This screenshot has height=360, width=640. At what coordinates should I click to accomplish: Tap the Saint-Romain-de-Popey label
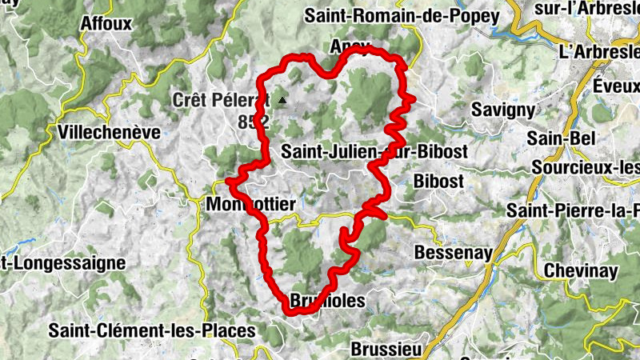402,15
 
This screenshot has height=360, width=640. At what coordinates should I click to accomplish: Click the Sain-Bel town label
562,138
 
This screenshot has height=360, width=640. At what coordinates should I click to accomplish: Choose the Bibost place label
438,181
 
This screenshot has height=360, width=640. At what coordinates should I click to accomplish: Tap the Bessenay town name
448,252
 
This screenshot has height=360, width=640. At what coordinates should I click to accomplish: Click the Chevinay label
581,270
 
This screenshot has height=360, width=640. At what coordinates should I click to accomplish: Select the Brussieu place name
386,350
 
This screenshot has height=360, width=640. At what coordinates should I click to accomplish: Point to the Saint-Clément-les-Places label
152,330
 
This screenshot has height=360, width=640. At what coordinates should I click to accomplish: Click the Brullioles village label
326,301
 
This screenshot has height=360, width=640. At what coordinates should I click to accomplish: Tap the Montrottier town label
251,205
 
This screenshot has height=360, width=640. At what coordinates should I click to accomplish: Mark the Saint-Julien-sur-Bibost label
375,150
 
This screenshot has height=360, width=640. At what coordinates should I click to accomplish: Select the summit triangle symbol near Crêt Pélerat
282,101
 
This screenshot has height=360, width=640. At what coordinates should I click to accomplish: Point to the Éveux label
616,84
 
